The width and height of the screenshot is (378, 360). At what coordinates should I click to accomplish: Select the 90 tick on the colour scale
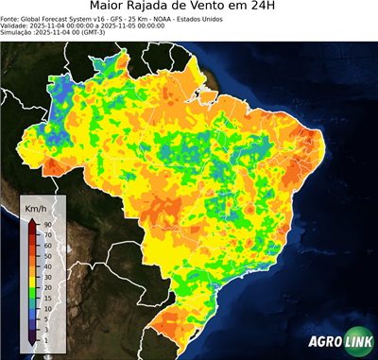pos(46,224)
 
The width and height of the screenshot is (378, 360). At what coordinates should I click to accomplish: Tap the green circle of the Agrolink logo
pos(357,341)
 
